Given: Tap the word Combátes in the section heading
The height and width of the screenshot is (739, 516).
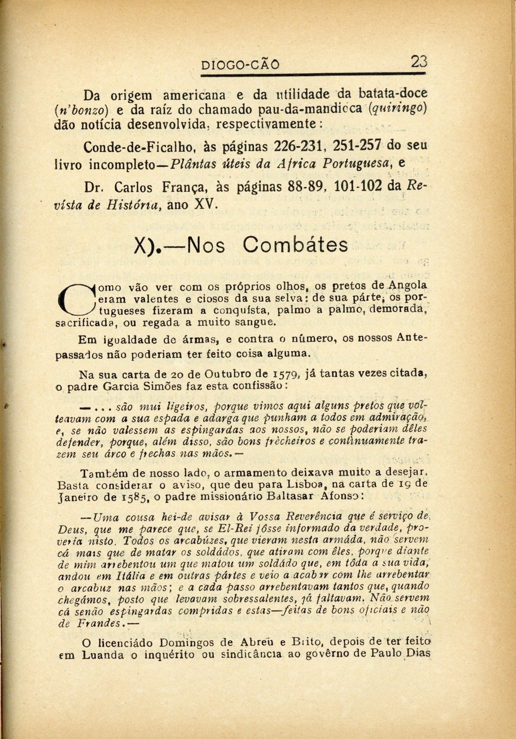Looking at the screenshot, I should point(295,245).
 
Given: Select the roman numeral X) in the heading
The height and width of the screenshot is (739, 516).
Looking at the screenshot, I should point(145,247).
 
